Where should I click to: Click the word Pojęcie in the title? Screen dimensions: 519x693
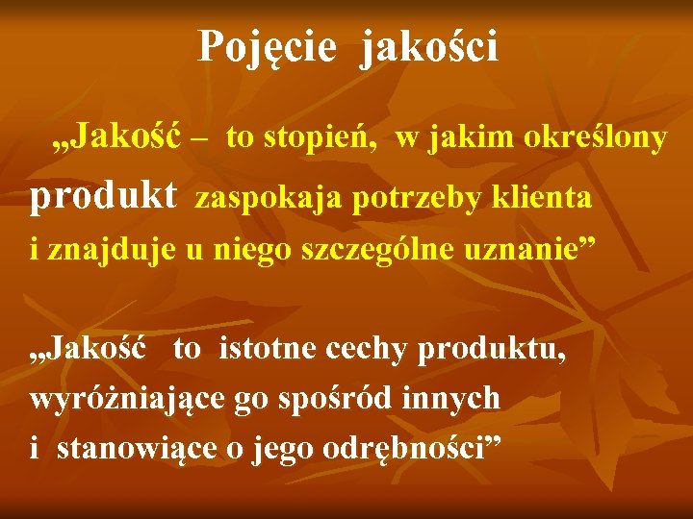(267, 46)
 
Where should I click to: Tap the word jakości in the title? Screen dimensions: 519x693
(430, 46)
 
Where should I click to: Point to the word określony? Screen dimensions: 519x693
(594, 138)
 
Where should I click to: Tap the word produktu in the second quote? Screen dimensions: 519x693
(492, 350)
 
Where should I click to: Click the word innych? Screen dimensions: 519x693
(453, 397)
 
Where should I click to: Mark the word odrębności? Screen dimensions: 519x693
(405, 449)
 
